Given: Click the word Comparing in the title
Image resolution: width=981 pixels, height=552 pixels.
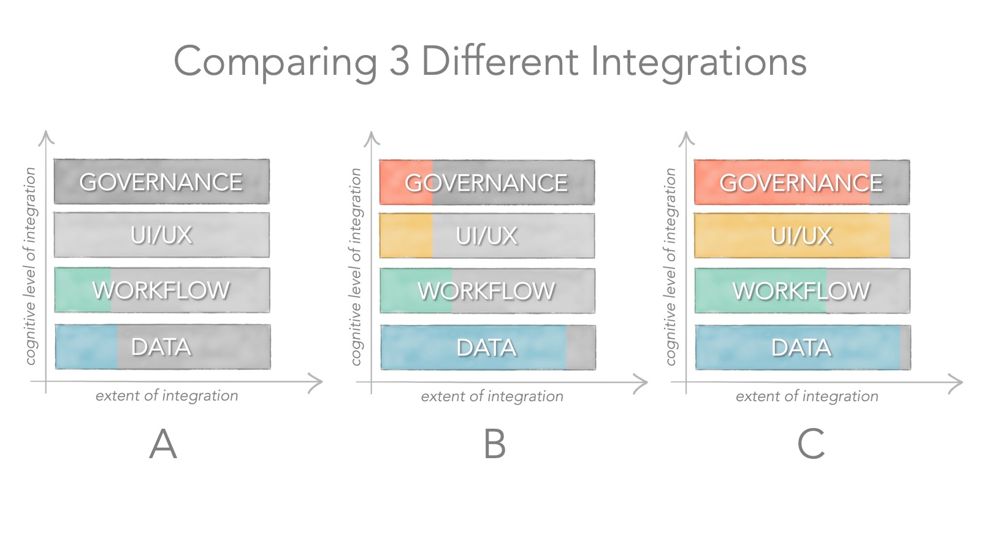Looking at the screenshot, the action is click(275, 63).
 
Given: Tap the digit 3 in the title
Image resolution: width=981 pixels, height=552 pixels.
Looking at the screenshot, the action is click(399, 61).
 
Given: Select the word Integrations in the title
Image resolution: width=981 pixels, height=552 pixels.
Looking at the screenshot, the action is click(698, 63).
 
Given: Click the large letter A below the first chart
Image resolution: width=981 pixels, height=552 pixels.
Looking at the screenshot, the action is click(163, 443).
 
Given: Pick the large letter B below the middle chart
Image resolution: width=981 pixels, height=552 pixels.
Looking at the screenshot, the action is click(494, 444).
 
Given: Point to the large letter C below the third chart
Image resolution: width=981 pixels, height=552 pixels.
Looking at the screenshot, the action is click(811, 444).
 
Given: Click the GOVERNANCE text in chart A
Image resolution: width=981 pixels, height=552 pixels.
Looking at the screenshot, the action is click(161, 182).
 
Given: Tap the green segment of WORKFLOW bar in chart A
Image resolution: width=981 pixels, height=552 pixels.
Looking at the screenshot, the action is click(83, 290).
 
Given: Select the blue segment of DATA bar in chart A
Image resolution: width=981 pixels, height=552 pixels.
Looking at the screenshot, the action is click(86, 347).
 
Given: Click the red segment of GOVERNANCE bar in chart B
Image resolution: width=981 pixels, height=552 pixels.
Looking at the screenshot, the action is click(406, 182).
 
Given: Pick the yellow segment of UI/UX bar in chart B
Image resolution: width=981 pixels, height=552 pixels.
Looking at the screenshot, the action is click(406, 236).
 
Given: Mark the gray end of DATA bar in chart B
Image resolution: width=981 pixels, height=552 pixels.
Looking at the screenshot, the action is click(581, 347).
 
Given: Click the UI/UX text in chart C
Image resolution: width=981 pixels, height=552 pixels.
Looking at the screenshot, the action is click(801, 236).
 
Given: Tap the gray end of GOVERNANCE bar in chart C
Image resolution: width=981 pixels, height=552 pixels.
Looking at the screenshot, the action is click(890, 182).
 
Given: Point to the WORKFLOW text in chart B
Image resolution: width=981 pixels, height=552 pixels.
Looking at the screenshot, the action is click(486, 291).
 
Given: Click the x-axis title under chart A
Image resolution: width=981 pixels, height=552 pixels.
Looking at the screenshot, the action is click(167, 396).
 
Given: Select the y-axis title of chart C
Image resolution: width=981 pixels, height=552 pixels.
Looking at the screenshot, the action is click(671, 267).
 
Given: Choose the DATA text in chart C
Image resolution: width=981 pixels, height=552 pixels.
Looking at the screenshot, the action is click(801, 348).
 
